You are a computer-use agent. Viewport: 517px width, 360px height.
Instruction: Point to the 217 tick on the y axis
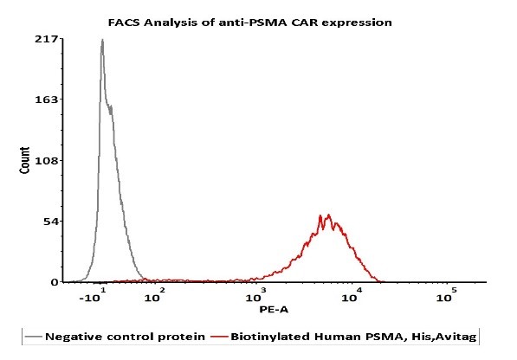tap(47, 39)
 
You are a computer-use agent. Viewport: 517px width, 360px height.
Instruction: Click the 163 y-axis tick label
tap(47, 100)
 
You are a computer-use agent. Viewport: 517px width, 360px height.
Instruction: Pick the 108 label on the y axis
tap(47, 160)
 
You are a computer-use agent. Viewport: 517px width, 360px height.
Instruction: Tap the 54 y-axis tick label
tap(51, 222)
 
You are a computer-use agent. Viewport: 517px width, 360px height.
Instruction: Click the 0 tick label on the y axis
tap(55, 282)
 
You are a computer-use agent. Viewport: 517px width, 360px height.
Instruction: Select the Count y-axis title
tap(24, 160)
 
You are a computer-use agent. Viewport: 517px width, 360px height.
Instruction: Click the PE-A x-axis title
tap(274, 309)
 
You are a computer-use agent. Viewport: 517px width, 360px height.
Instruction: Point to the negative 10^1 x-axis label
tap(93, 295)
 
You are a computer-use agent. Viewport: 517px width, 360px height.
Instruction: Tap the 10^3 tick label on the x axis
tap(255, 295)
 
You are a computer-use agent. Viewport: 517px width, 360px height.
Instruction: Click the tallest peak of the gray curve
tap(102, 40)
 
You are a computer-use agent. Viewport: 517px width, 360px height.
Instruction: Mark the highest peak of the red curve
tap(328, 215)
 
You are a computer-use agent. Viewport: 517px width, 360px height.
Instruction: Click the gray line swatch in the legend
tap(33, 337)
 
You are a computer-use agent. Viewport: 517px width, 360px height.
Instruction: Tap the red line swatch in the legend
tap(219, 337)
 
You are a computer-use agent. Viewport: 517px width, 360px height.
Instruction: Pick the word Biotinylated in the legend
tap(270, 337)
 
